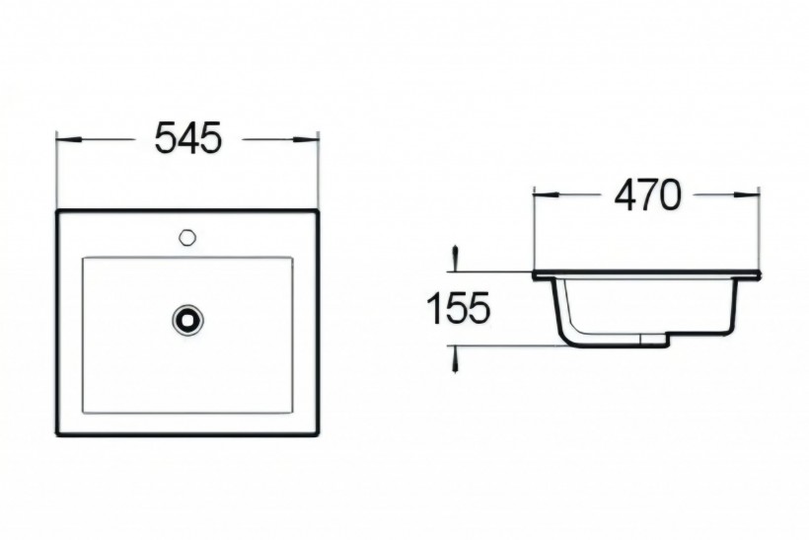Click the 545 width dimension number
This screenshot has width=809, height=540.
(187, 138)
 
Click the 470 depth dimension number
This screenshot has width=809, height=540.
(648, 195)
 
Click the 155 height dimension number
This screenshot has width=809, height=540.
(459, 308)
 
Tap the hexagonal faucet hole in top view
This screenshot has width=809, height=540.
(186, 238)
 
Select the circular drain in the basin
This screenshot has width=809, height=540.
(187, 319)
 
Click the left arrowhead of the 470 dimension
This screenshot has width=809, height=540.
(547, 195)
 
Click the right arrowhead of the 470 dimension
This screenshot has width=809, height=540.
(747, 195)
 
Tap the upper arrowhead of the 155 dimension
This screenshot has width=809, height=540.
(455, 257)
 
